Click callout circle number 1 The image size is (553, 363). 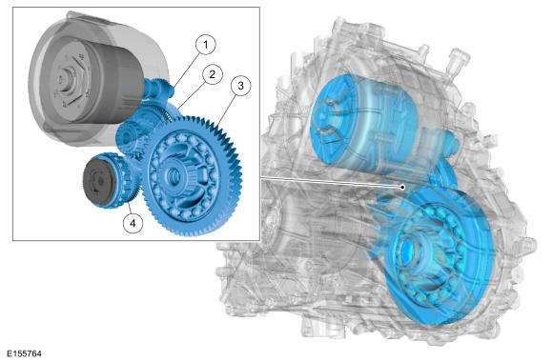pyautogui.click(x=205, y=45)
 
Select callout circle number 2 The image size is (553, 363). pyautogui.click(x=213, y=74)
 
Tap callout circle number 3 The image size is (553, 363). pyautogui.click(x=240, y=86)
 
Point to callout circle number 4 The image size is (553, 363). pyautogui.click(x=133, y=223)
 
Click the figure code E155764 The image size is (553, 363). pyautogui.click(x=25, y=353)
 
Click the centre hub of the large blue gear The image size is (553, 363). pyautogui.click(x=174, y=174)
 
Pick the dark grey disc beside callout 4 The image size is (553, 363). pyautogui.click(x=96, y=181)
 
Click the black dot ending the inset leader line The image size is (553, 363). pyautogui.click(x=402, y=187)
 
